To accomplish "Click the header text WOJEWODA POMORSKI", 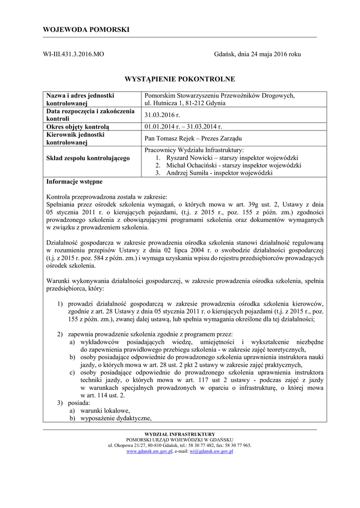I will point(86,30).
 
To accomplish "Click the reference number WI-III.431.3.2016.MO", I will point(74,54).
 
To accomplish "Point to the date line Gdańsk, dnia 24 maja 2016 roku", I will point(257,54).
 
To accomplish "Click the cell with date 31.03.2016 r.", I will point(162,115).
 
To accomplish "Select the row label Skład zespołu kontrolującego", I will point(87,158).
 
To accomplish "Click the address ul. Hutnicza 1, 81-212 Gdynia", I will point(185,103).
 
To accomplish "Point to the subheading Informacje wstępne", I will point(74,182).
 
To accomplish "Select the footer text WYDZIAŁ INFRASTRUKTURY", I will point(180,434).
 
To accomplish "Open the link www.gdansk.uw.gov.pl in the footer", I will point(149,451).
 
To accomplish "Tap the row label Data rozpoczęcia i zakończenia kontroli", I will point(90,115).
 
